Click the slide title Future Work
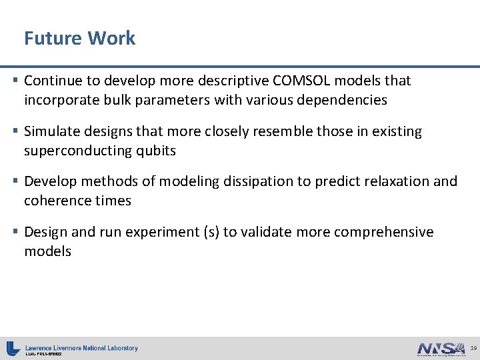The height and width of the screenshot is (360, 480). pyautogui.click(x=79, y=38)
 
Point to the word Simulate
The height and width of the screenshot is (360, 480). pyautogui.click(x=51, y=131)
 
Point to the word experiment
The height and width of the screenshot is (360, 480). pyautogui.click(x=165, y=232)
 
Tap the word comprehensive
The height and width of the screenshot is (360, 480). pyautogui.click(x=383, y=232)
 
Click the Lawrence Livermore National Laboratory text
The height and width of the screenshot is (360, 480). pyautogui.click(x=81, y=347)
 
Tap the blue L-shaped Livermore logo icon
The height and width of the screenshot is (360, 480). pyautogui.click(x=13, y=348)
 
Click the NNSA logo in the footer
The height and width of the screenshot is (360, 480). pyautogui.click(x=439, y=348)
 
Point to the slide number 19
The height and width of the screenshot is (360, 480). pyautogui.click(x=473, y=348)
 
